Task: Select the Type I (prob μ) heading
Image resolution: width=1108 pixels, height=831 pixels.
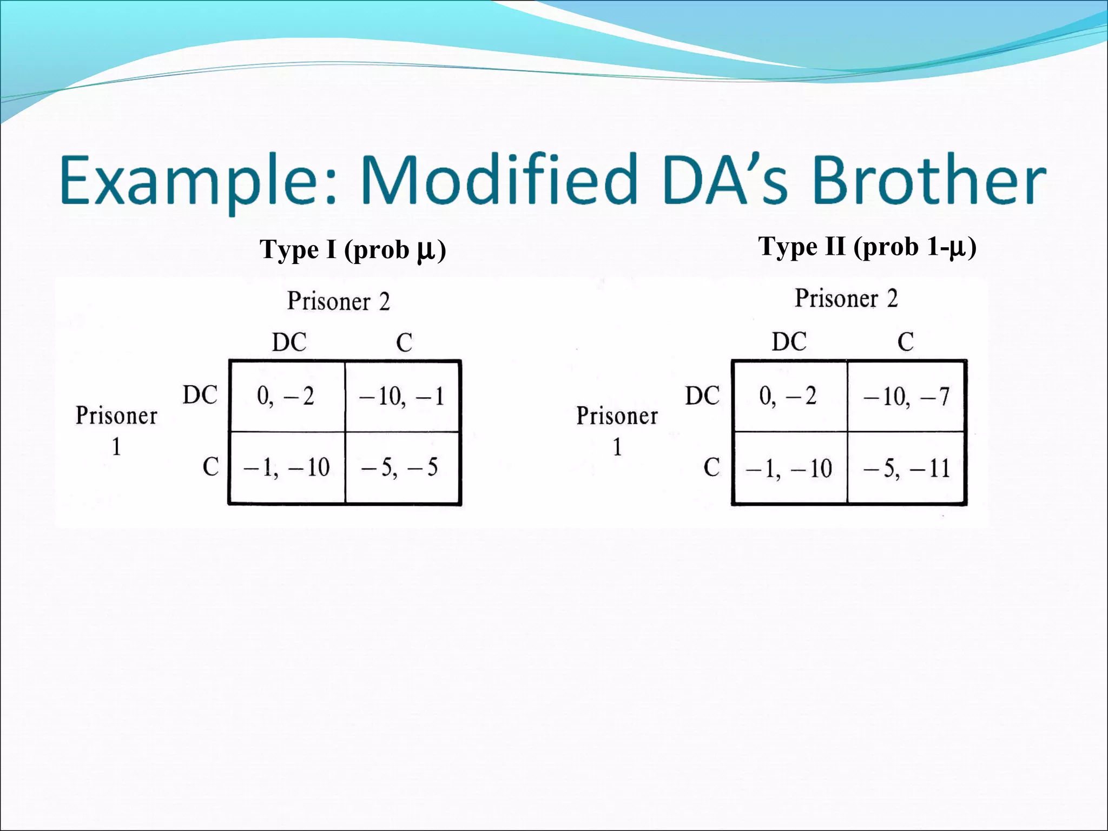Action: [353, 250]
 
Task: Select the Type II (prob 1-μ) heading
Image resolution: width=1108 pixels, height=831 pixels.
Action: [867, 247]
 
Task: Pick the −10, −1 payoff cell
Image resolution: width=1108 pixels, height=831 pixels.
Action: [401, 397]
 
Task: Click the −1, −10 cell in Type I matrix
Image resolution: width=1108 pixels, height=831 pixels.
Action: [286, 467]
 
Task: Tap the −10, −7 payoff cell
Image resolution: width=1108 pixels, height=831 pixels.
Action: [906, 397]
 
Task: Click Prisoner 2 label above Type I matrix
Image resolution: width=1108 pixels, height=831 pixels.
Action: [338, 301]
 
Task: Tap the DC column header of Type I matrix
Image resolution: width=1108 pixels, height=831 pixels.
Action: [289, 342]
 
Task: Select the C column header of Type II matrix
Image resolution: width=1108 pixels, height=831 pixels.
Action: [906, 342]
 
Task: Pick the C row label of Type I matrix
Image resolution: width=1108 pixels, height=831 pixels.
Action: [210, 467]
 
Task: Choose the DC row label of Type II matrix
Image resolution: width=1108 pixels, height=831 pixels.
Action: [702, 396]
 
